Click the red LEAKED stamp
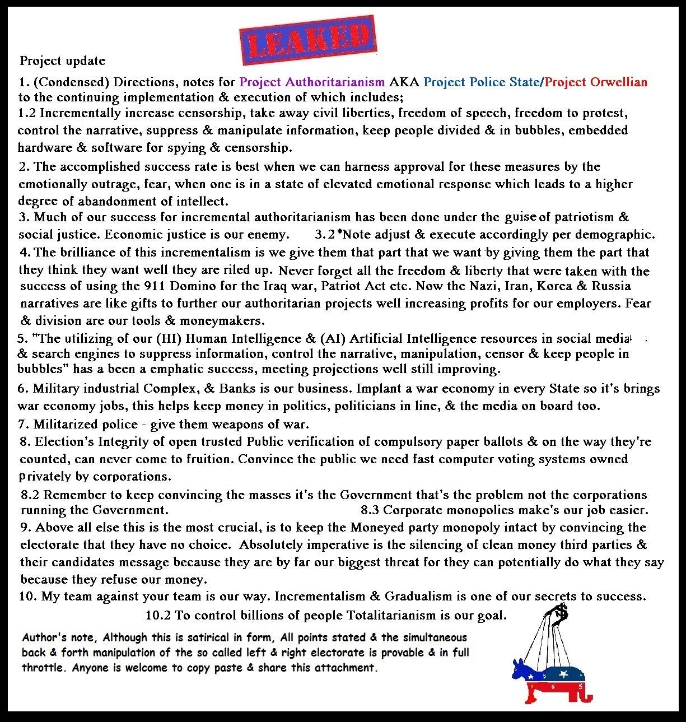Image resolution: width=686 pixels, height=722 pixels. point(308,40)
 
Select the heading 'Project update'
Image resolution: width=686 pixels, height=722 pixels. point(63,60)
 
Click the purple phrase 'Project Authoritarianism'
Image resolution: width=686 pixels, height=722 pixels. point(312,82)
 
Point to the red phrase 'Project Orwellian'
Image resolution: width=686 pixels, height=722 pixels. point(596,82)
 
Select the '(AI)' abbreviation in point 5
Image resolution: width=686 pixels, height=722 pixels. point(330,338)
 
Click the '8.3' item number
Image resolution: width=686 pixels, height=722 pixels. point(370,510)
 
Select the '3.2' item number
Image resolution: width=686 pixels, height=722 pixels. point(325,234)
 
